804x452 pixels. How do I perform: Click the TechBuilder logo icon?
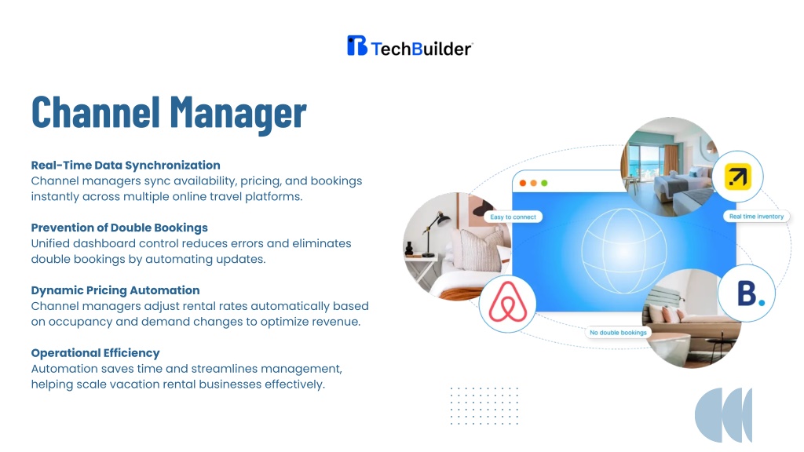coord(357,46)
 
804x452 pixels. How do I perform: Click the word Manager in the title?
coord(238,113)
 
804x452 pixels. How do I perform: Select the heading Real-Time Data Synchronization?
coord(126,165)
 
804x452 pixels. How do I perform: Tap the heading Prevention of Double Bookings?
coord(119,228)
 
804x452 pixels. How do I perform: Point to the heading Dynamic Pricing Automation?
coord(115,290)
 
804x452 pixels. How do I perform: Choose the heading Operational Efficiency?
coord(95,353)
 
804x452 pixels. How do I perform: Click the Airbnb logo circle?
coord(508,303)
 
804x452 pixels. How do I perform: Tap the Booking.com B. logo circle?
coord(747,293)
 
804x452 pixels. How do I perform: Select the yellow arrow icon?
coord(738,177)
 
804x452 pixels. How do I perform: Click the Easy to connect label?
coord(513,217)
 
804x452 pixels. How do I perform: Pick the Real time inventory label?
coord(756,217)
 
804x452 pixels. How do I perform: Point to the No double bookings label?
coord(618,333)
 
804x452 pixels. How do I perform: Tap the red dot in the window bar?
coord(522,183)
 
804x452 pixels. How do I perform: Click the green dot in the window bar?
coord(544,183)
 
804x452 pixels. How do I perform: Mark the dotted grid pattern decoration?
coord(484,406)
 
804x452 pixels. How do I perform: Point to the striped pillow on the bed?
coord(482,250)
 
